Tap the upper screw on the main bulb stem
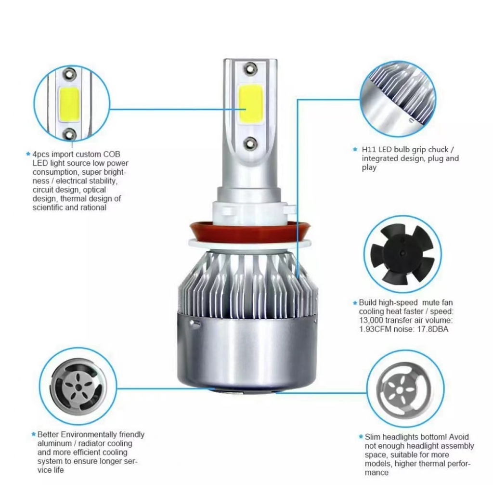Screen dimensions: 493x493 click(x=249, y=68)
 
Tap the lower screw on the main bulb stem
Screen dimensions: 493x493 click(x=250, y=142)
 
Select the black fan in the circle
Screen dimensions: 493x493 click(x=402, y=258)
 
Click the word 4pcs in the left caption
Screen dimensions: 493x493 click(x=40, y=155)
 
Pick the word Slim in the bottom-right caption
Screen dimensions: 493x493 click(x=373, y=437)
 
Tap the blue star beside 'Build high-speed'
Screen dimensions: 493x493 click(x=355, y=303)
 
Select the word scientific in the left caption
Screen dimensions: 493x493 click(x=48, y=208)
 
